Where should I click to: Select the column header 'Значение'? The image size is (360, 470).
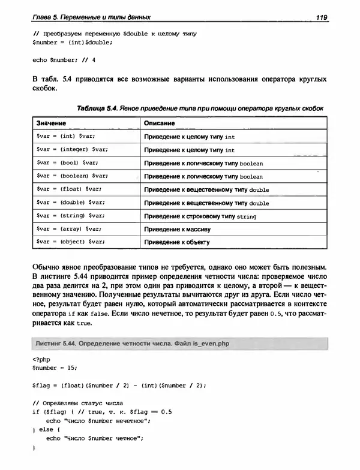[x=52, y=123]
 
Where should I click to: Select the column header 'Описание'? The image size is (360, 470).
[x=160, y=123]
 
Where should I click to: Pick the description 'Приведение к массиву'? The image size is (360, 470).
[x=177, y=229]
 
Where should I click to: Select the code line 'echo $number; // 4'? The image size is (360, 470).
[x=64, y=60]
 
